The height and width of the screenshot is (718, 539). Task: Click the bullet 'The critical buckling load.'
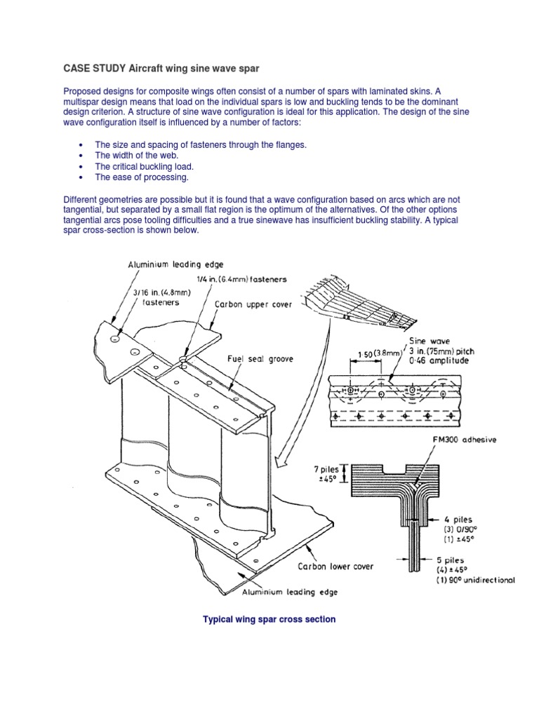click(144, 166)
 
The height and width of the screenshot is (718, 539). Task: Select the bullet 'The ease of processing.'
click(142, 177)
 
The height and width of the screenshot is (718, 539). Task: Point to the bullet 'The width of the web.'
click(137, 155)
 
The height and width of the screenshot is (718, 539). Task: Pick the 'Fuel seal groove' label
click(260, 358)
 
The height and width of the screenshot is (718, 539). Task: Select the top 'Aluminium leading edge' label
click(175, 264)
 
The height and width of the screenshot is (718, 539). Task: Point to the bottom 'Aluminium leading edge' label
click(290, 592)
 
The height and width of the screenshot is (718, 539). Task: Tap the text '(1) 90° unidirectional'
click(476, 581)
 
